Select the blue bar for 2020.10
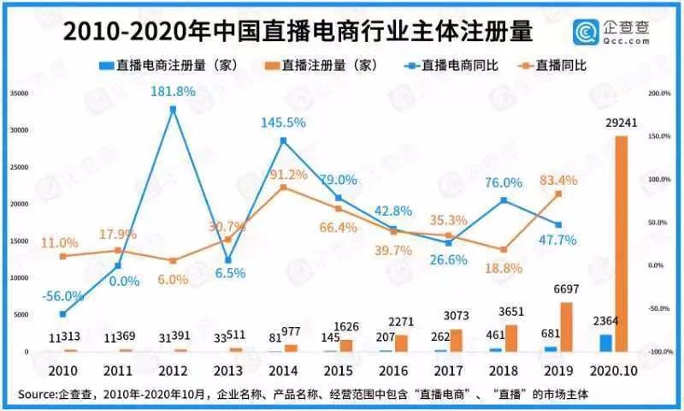[x=605, y=342]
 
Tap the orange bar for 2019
[x=566, y=326]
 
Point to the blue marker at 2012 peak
[x=173, y=109]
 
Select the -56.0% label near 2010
[x=61, y=296]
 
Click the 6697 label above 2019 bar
[x=564, y=291]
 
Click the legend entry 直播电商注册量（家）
[x=171, y=64]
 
